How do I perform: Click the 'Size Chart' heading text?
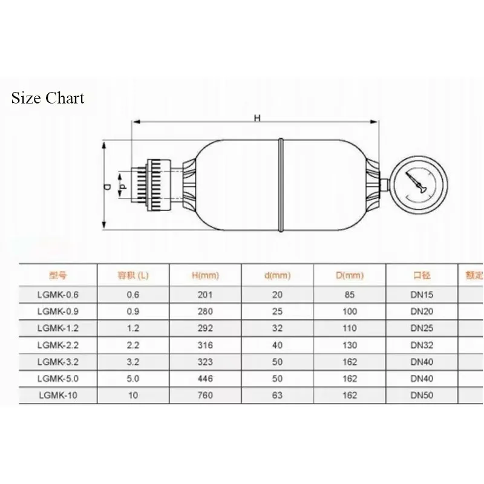point(48,98)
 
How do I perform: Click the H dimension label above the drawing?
point(257,118)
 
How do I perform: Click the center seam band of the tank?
point(281,184)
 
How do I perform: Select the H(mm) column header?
point(205,275)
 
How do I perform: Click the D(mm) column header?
point(351,275)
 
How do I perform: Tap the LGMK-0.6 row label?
point(57,295)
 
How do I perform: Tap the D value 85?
point(351,295)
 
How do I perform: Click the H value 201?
point(205,295)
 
